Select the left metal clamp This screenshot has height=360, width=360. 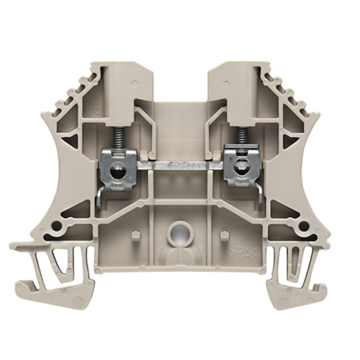pos(118,166)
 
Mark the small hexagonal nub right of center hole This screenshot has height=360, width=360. pos(224,234)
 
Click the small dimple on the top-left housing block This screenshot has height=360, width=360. pos(135,83)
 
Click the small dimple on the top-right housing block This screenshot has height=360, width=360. pos(225,83)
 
